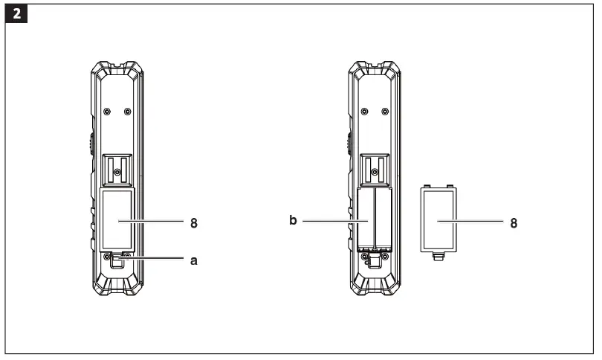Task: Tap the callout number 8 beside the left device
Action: pyautogui.click(x=194, y=222)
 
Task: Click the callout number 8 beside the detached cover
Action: pyautogui.click(x=514, y=222)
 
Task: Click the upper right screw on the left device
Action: pyautogui.click(x=127, y=112)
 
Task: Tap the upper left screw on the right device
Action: pyautogui.click(x=363, y=112)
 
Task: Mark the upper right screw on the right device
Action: pyautogui.click(x=384, y=112)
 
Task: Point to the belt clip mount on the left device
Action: pyautogui.click(x=117, y=169)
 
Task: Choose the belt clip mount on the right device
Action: pyautogui.click(x=374, y=169)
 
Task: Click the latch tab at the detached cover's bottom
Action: pyautogui.click(x=437, y=257)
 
